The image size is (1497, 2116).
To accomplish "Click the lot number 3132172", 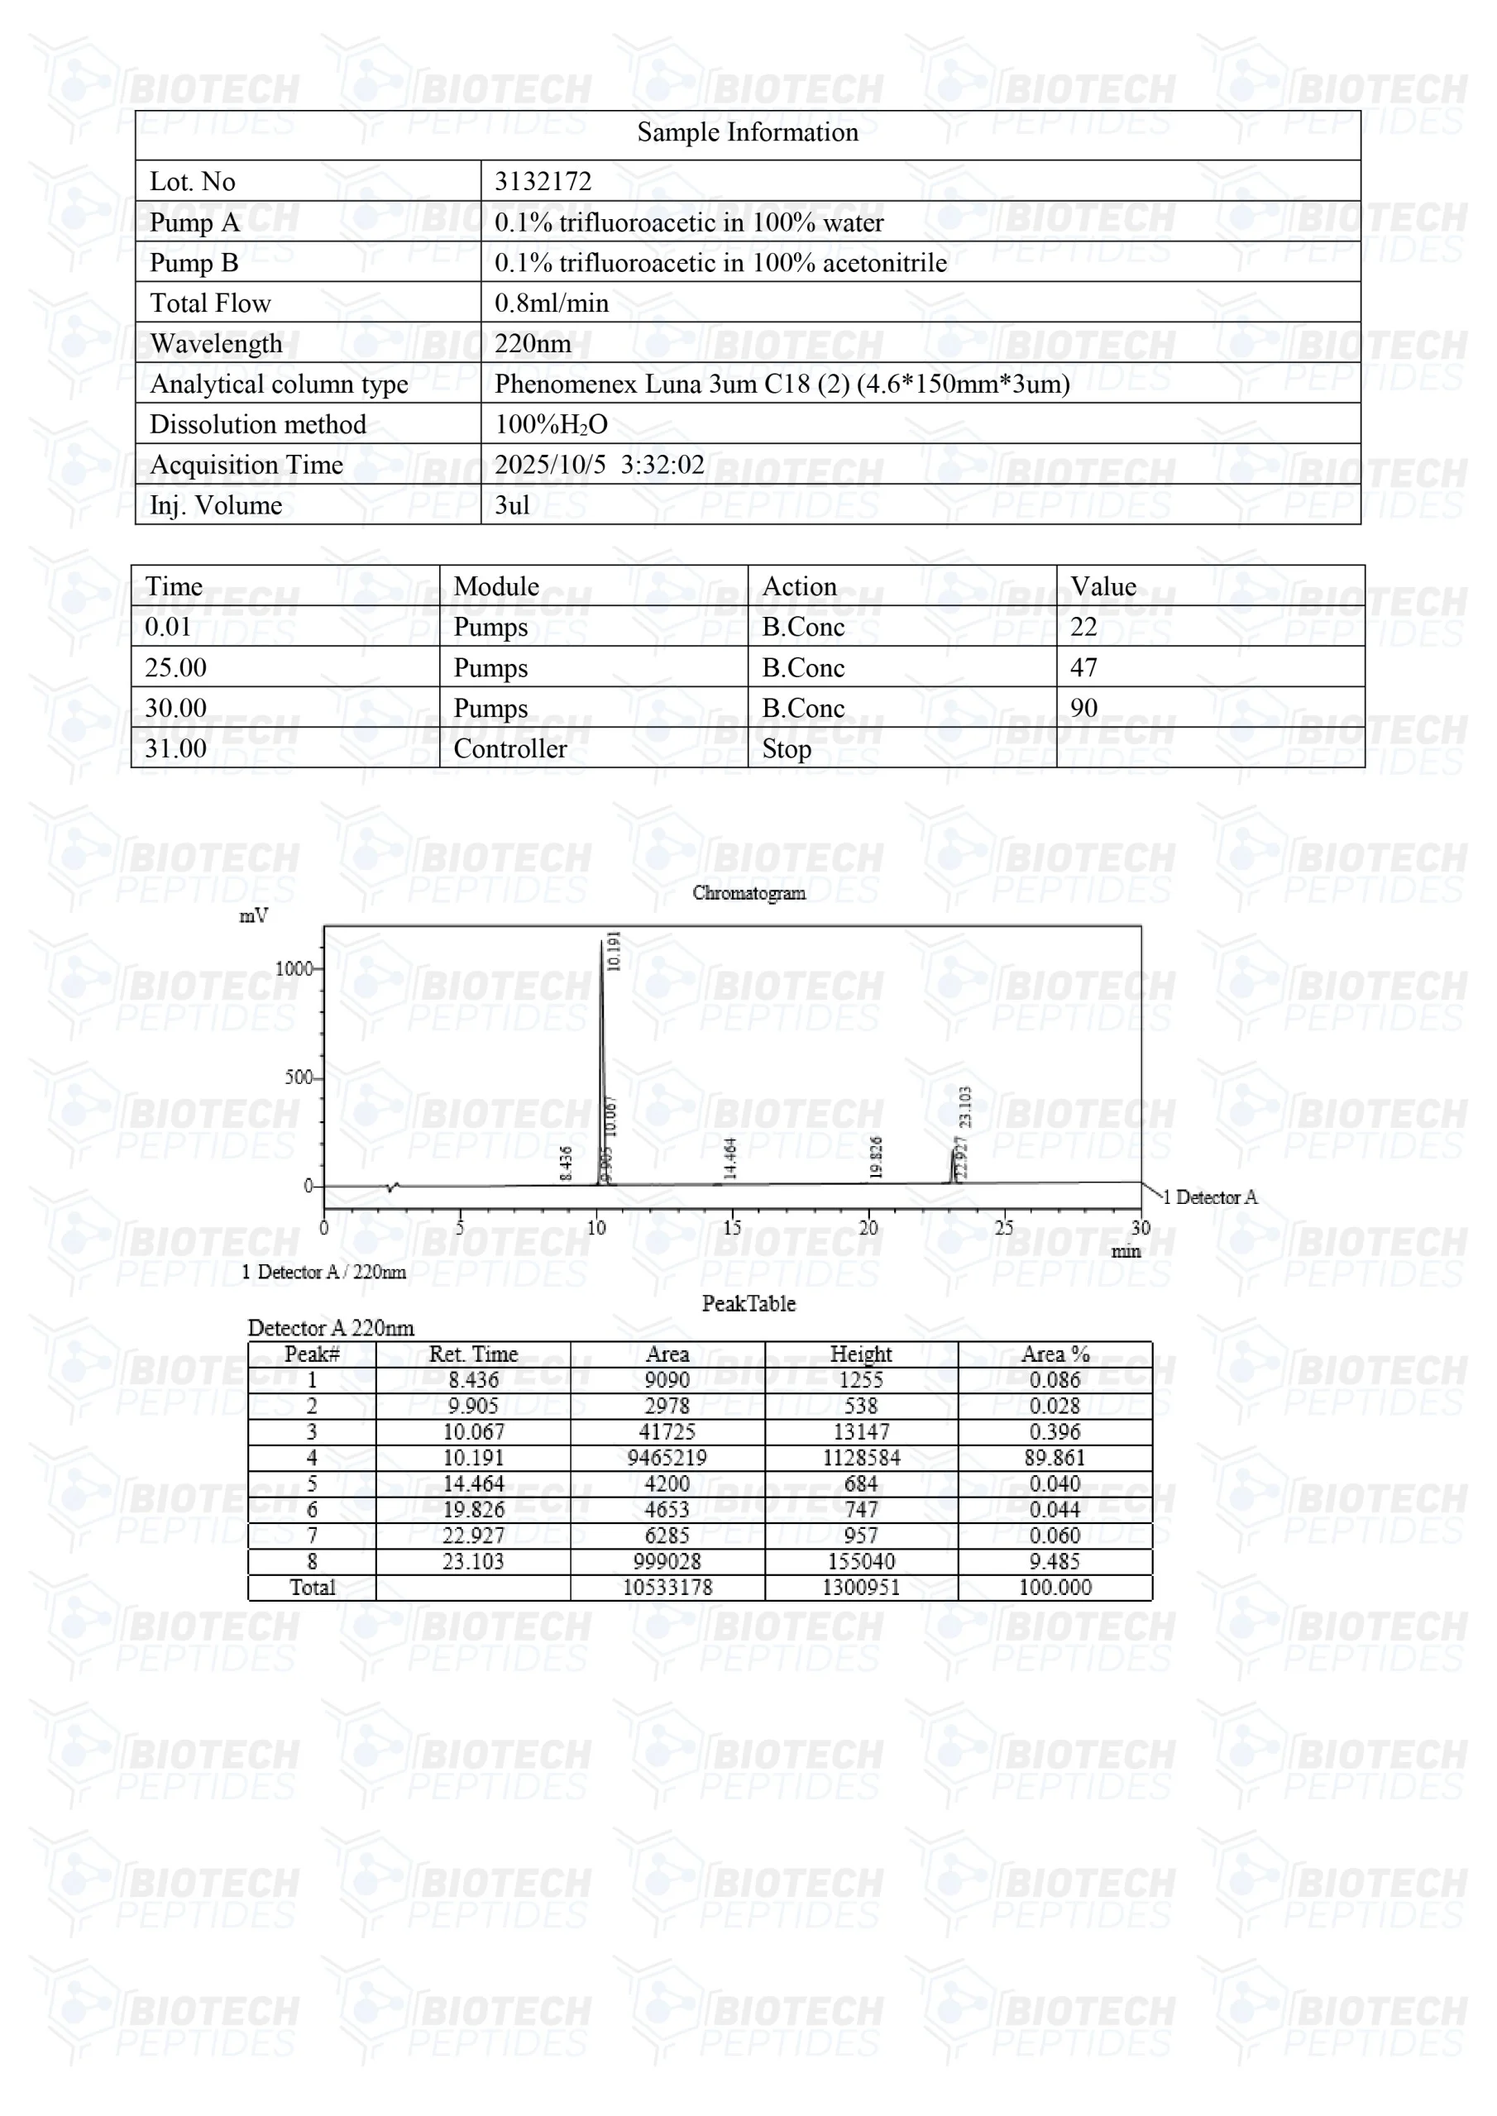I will (543, 182).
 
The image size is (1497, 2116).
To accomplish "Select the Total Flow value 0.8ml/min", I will (551, 303).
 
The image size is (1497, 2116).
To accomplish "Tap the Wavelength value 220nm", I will (533, 344).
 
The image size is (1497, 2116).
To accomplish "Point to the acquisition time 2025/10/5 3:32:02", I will (599, 465).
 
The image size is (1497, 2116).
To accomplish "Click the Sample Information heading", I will (748, 132).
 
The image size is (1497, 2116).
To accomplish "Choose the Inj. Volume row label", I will (216, 505).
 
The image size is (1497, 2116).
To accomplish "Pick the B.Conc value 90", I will (1083, 708).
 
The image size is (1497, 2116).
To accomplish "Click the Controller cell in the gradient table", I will (509, 748).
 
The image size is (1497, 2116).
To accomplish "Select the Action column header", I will (799, 586).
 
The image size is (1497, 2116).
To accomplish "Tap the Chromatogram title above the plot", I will (748, 892).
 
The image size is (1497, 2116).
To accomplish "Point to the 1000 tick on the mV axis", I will (294, 968).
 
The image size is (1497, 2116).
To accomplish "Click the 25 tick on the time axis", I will (1004, 1228).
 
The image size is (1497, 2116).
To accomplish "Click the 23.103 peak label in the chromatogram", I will (965, 1107).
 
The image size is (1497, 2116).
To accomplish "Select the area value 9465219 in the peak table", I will (667, 1457).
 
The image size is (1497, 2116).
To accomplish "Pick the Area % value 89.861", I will (1055, 1457).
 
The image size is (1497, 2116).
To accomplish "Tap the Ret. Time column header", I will (473, 1354).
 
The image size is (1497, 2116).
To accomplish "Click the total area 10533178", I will (667, 1587).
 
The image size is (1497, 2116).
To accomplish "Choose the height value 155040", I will (860, 1561).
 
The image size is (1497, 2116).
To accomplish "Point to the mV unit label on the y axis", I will (253, 915).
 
